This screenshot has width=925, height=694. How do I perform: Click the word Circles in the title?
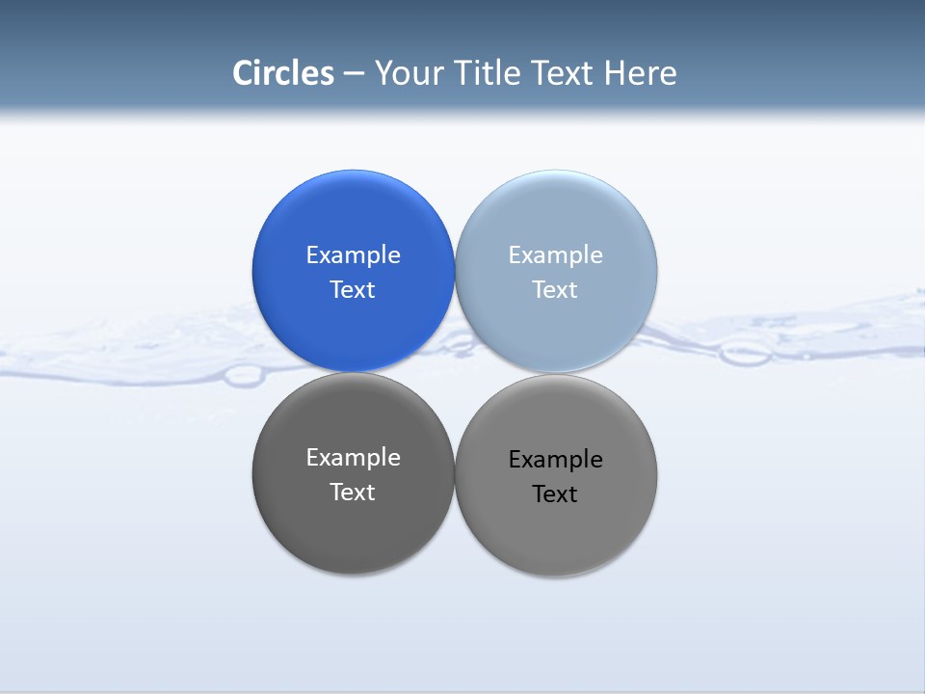283,73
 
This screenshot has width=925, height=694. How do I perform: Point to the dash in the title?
354,74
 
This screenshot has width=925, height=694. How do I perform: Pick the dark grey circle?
353,530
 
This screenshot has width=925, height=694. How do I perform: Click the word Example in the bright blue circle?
353,254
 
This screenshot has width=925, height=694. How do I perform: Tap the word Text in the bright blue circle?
353,289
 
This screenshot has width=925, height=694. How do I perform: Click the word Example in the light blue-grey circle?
555,254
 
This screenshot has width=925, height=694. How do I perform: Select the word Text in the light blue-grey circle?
555,289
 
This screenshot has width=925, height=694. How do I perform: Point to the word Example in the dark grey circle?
353,457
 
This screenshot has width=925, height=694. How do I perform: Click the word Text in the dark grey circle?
353,492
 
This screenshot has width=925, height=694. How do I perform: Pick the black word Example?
555,459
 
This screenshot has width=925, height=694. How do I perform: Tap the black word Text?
555,494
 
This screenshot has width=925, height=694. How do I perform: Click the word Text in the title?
562,73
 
